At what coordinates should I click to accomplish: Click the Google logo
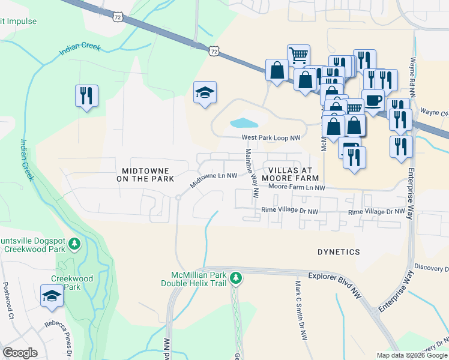coord(20,353)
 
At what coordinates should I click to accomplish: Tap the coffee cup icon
coord(373,99)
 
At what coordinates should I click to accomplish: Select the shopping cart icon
coord(298,55)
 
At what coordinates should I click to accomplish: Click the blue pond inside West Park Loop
coord(244,124)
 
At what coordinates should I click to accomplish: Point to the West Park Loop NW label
coord(271,137)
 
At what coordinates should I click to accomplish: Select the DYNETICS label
coord(339,252)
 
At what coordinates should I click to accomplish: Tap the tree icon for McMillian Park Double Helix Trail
coord(237,277)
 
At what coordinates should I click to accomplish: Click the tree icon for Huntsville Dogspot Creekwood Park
coord(74,244)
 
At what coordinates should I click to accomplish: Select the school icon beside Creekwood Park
coord(52,296)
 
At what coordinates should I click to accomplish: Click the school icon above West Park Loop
coord(205,92)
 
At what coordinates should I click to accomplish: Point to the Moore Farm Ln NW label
coord(297,188)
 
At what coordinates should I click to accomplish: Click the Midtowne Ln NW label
coord(214,179)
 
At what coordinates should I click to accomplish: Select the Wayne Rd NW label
coord(412,78)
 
